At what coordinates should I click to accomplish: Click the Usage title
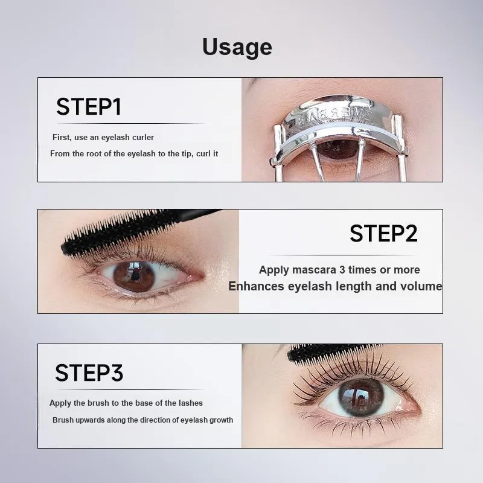click(237, 47)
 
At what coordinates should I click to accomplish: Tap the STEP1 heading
click(89, 107)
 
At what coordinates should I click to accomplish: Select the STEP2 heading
click(383, 234)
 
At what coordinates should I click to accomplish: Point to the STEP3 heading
click(89, 373)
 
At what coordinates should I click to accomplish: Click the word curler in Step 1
click(143, 138)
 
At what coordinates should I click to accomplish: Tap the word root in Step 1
click(94, 154)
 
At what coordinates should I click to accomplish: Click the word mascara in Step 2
click(314, 270)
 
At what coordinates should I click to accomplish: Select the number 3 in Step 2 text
click(342, 270)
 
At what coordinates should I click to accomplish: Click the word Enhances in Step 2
click(256, 286)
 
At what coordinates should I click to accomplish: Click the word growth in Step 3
click(221, 420)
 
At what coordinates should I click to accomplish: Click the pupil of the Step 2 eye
click(134, 277)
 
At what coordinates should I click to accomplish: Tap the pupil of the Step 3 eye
click(360, 397)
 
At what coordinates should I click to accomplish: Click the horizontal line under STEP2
click(341, 255)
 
